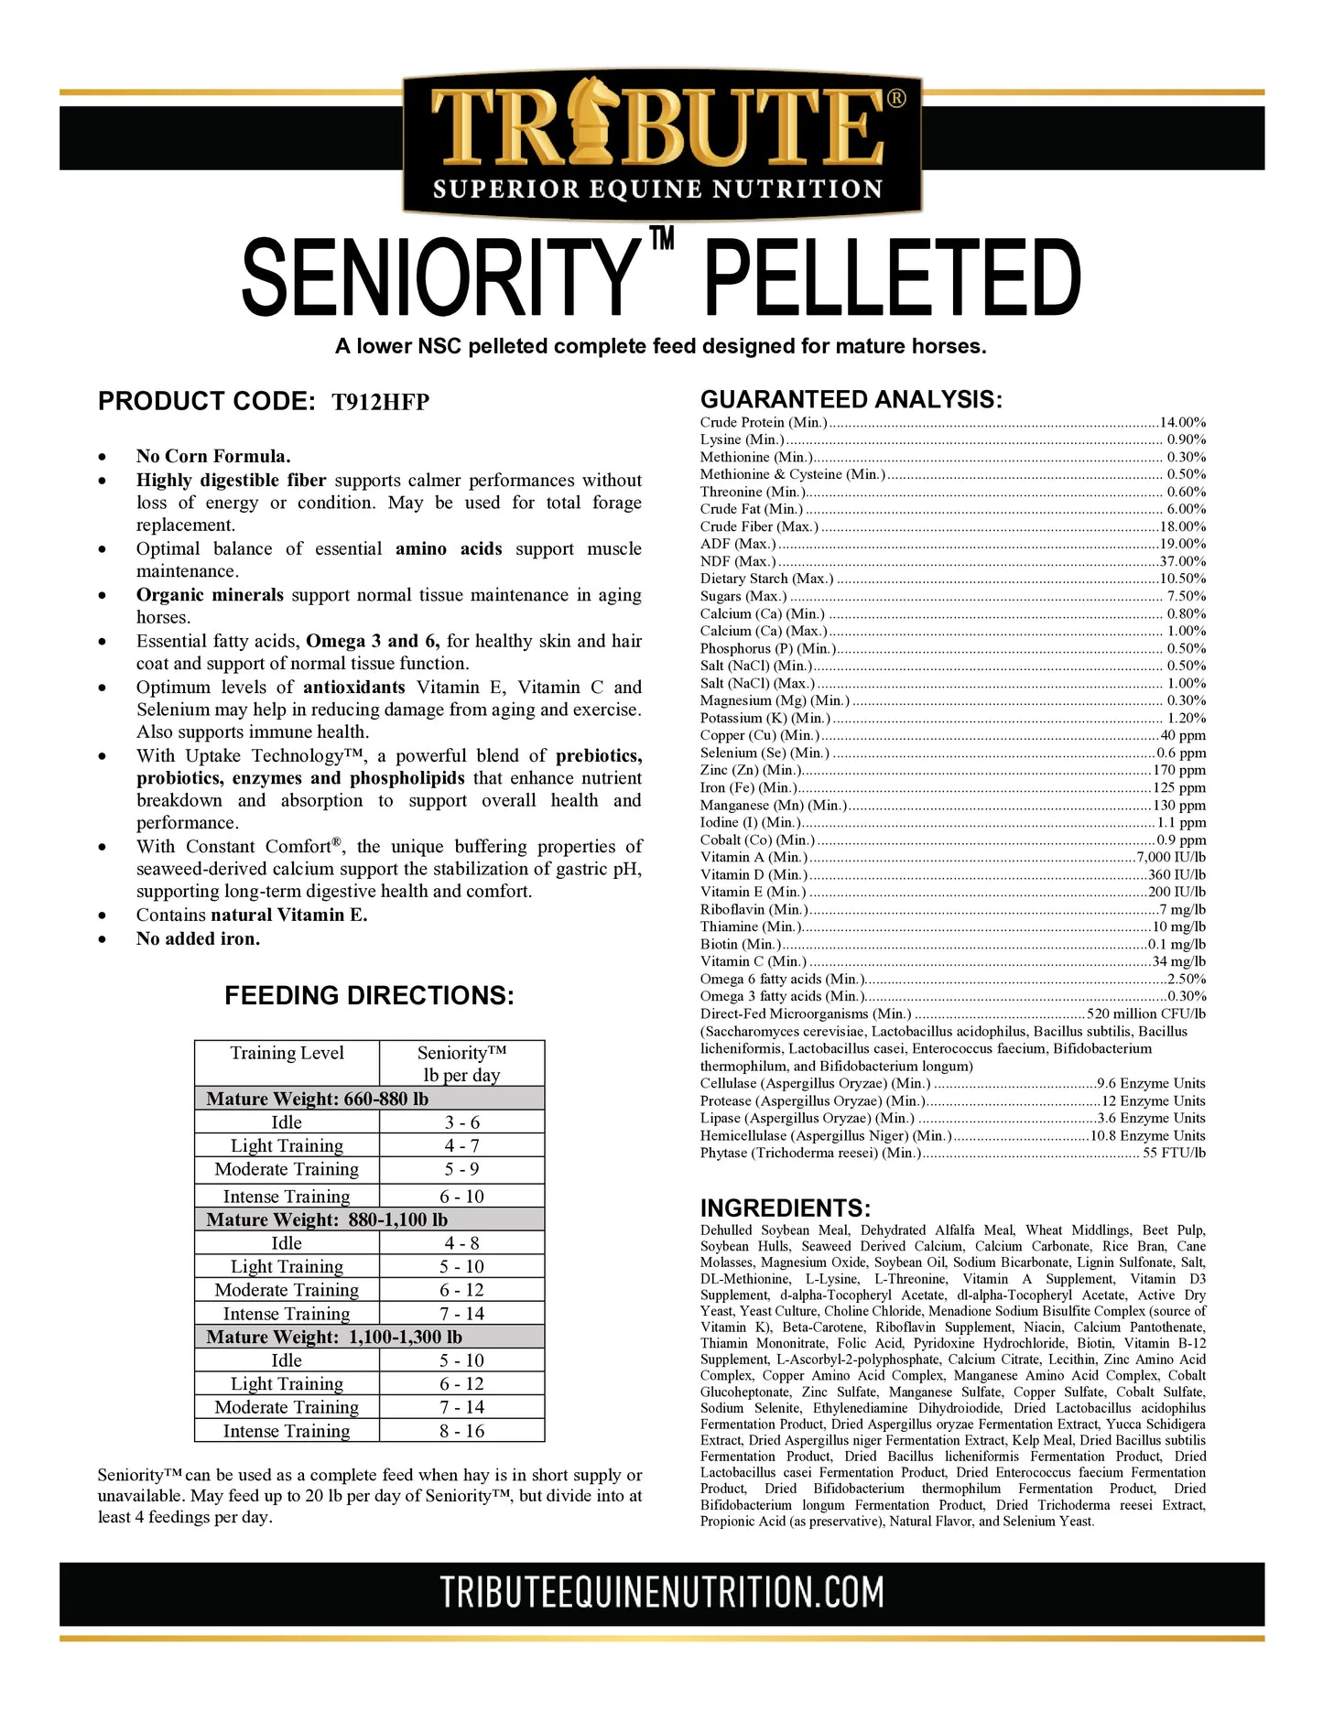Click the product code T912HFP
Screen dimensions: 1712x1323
380,402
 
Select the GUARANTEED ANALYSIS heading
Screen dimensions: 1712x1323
851,399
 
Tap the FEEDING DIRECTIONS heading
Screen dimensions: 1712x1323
369,996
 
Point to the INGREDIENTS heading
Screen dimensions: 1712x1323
785,1208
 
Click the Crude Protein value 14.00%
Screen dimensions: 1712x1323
1182,423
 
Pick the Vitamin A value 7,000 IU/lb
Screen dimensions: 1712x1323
1171,858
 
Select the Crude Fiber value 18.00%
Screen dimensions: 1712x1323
1182,527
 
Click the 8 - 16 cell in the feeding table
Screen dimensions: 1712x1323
461,1431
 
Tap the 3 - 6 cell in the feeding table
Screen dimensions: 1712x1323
461,1122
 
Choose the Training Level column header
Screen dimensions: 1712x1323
287,1053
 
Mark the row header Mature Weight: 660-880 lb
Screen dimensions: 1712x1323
317,1099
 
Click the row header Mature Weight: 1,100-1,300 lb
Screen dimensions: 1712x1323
333,1337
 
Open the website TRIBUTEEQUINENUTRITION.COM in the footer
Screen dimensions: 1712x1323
661,1593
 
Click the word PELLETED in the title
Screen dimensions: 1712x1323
892,278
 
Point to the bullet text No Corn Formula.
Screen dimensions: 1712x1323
213,456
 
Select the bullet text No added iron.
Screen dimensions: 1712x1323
198,938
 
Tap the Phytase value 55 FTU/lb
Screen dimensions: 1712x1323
1174,1154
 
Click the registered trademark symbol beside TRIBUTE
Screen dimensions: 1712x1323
897,98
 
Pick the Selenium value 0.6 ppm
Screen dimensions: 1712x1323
1181,753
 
